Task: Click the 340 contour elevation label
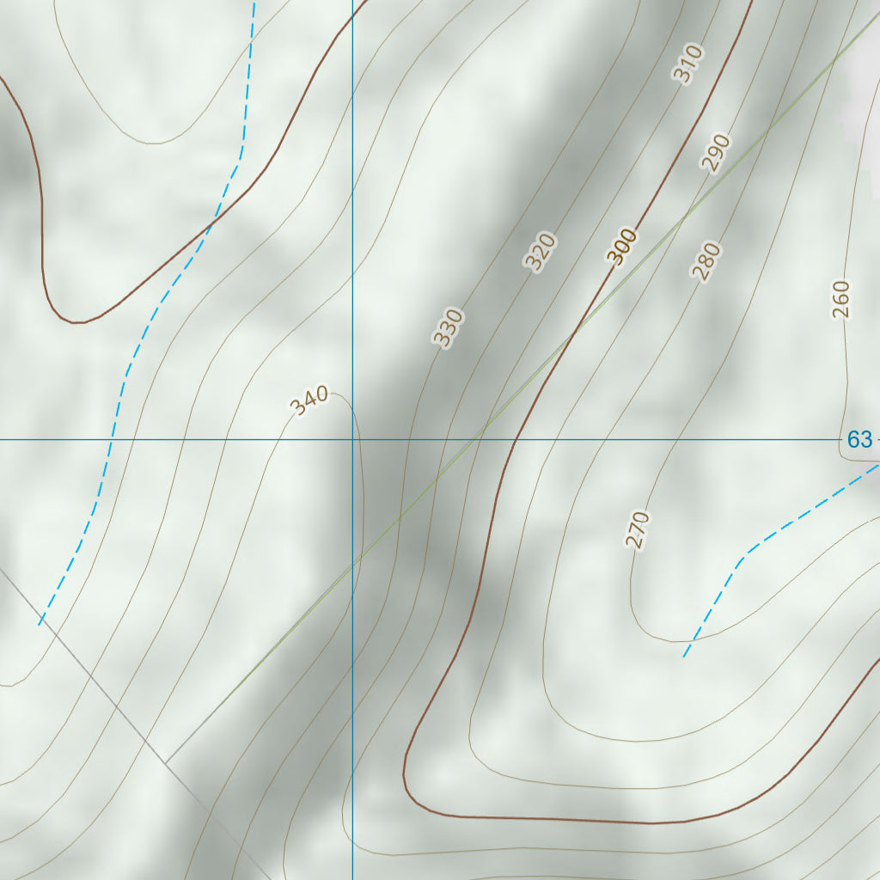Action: (x=309, y=400)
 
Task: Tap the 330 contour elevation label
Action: (x=448, y=327)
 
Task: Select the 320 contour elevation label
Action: (x=541, y=252)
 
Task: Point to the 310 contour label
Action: (x=688, y=64)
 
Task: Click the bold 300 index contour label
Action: (x=621, y=246)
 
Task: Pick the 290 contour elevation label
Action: (x=715, y=153)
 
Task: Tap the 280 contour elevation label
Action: (x=706, y=261)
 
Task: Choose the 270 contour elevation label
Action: (x=637, y=529)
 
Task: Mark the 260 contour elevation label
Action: (x=840, y=299)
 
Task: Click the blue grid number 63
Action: (x=859, y=440)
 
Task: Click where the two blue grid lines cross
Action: (x=352, y=440)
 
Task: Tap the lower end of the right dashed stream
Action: (x=685, y=656)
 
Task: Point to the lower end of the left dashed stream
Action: (x=40, y=624)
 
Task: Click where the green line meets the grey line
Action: (x=166, y=763)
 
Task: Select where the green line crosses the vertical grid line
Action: (x=352, y=565)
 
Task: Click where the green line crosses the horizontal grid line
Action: (x=478, y=440)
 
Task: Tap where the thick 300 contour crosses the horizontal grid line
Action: (x=515, y=440)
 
